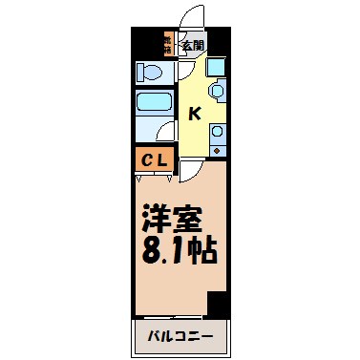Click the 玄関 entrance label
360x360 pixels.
[x=193, y=43]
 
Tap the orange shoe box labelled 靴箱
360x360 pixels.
[x=166, y=43]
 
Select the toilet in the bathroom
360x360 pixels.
[x=151, y=73]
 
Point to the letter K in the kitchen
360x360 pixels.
[x=194, y=114]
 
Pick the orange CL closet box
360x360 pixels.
[x=155, y=159]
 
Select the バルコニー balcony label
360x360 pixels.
[x=180, y=334]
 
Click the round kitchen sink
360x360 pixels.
[x=216, y=92]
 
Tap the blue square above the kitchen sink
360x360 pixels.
[x=216, y=67]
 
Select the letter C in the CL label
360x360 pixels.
[x=149, y=159]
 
